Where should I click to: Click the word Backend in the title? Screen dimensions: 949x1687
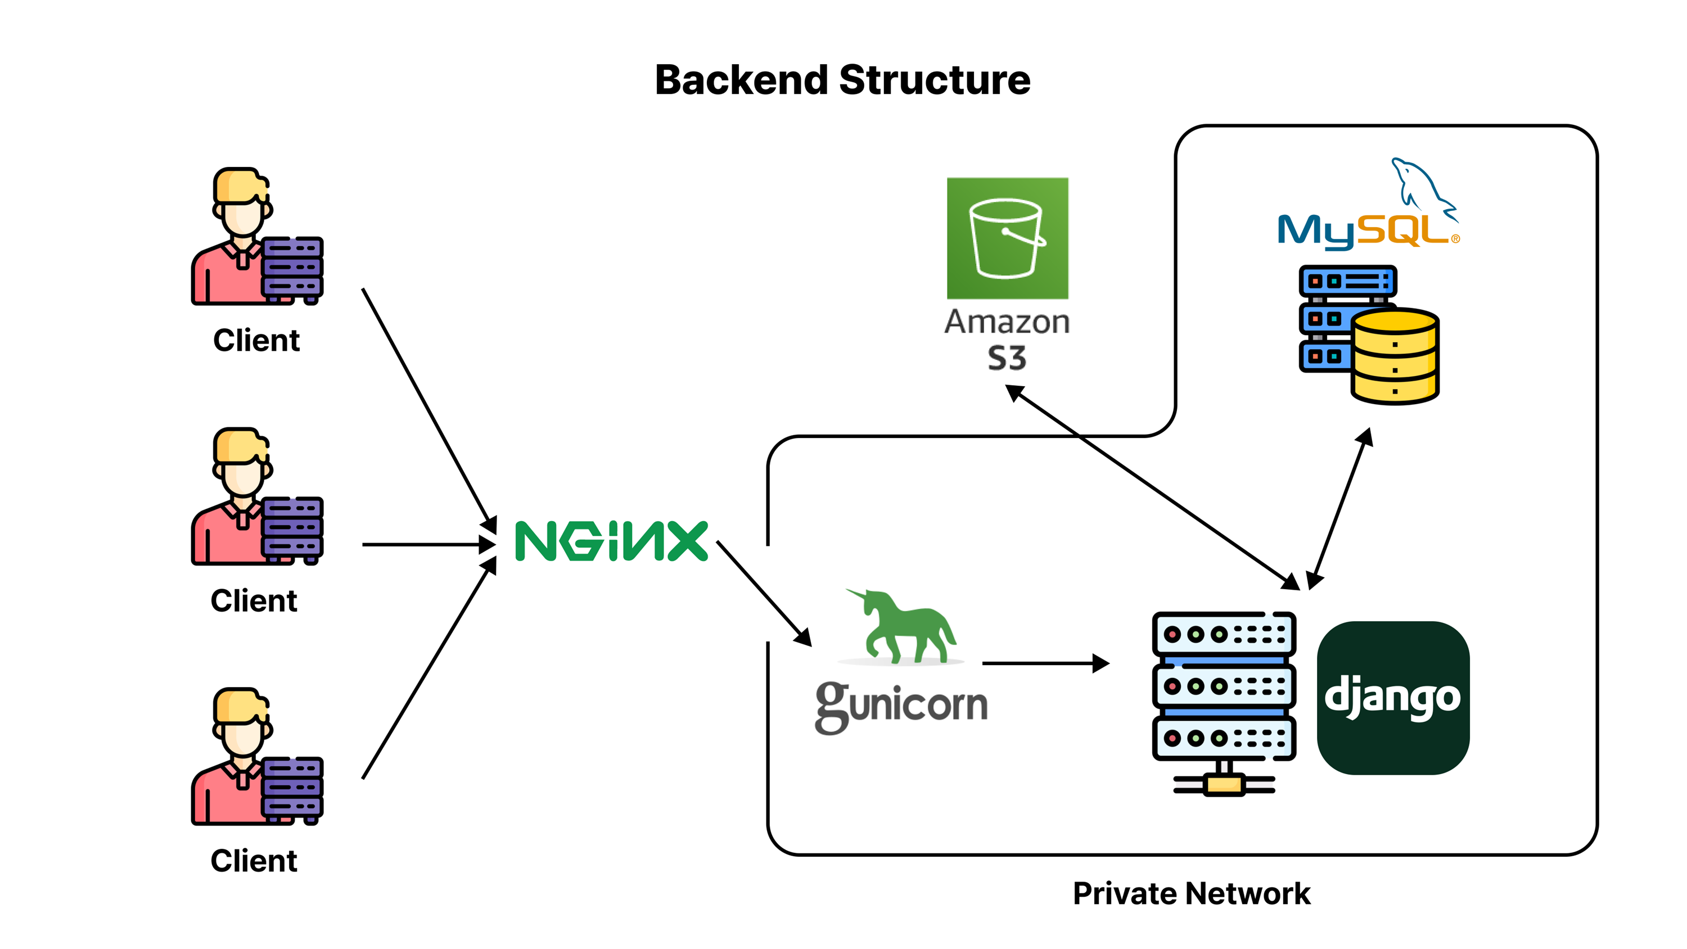(x=741, y=80)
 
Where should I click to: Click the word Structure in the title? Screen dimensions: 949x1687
(x=935, y=80)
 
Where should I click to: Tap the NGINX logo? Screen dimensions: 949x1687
(x=611, y=541)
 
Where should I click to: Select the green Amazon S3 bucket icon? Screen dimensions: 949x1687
(x=1007, y=238)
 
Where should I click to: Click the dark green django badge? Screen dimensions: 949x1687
(x=1393, y=698)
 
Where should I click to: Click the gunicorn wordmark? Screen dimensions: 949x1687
(x=901, y=706)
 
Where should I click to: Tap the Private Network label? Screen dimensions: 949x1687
(x=1191, y=893)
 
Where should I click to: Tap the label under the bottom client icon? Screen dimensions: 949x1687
(x=254, y=861)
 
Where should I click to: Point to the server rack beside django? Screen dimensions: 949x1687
(x=1223, y=701)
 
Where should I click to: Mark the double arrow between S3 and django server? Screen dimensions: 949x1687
(x=1153, y=487)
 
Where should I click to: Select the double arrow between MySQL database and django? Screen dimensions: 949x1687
(x=1339, y=509)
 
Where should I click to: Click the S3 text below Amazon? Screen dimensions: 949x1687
(x=1007, y=358)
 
